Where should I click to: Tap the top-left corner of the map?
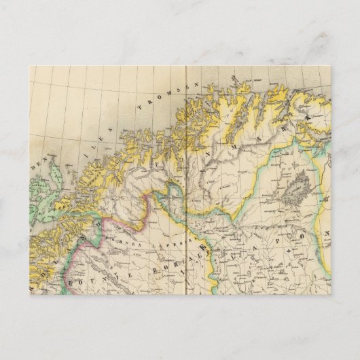pyautogui.click(x=29, y=67)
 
